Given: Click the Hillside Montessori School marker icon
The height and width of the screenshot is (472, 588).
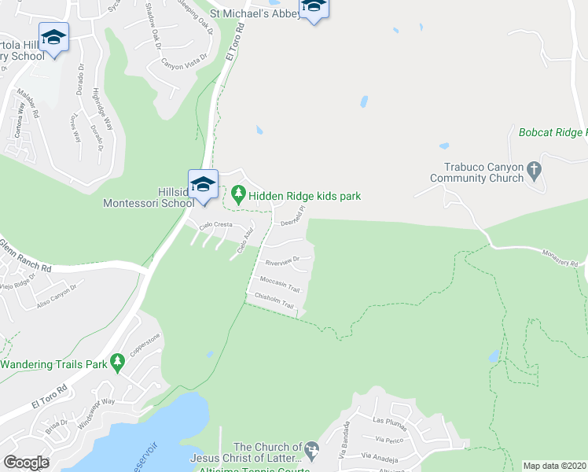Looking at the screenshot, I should tap(203, 185).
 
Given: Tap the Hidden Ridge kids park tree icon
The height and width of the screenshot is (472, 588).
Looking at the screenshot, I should tap(238, 192).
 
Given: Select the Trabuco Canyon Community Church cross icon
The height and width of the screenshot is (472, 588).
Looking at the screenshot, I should tap(534, 169).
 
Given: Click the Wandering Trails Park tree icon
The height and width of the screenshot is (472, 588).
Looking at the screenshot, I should tap(118, 363).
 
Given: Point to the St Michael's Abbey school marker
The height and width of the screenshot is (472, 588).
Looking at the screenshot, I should tap(313, 7).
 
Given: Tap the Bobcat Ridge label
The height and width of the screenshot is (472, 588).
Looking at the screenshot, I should tap(553, 132).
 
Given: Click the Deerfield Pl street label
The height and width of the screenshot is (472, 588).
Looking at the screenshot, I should tap(293, 214).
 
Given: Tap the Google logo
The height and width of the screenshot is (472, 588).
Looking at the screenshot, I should tap(26, 463).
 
